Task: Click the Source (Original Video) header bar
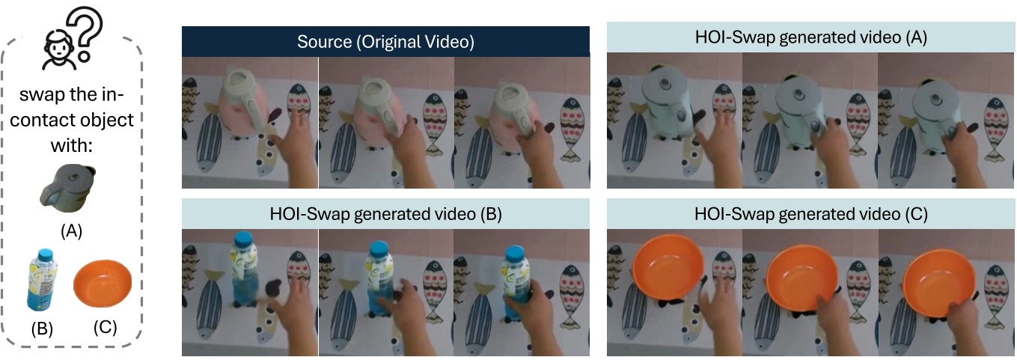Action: coord(385,42)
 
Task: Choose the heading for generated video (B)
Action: coord(385,213)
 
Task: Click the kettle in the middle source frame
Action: coord(378,105)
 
